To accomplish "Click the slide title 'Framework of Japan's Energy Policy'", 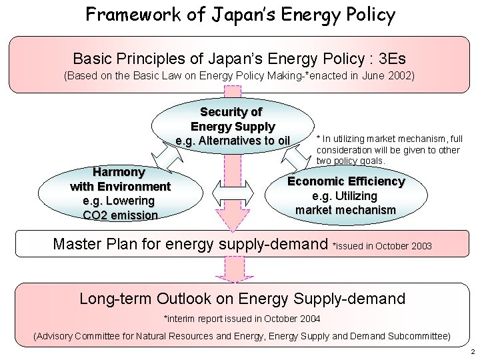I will pyautogui.click(x=240, y=15).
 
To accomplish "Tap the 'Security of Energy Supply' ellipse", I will pyautogui.click(x=233, y=125).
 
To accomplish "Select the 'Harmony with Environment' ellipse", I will pyautogui.click(x=120, y=193).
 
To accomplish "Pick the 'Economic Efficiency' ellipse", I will pyautogui.click(x=345, y=195).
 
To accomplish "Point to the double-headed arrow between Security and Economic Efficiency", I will pyautogui.click(x=295, y=157).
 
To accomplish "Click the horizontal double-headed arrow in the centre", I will pyautogui.click(x=233, y=193).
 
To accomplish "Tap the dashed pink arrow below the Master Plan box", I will pyautogui.click(x=233, y=269).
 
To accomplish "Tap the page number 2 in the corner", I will pyautogui.click(x=471, y=351).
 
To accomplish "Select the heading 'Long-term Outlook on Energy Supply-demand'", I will pyautogui.click(x=242, y=298).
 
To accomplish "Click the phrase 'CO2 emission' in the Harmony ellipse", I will pyautogui.click(x=120, y=215).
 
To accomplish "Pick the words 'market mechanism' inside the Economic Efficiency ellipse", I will pyautogui.click(x=345, y=210).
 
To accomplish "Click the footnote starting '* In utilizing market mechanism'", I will pyautogui.click(x=389, y=149).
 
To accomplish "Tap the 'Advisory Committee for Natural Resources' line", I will pyautogui.click(x=241, y=335).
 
